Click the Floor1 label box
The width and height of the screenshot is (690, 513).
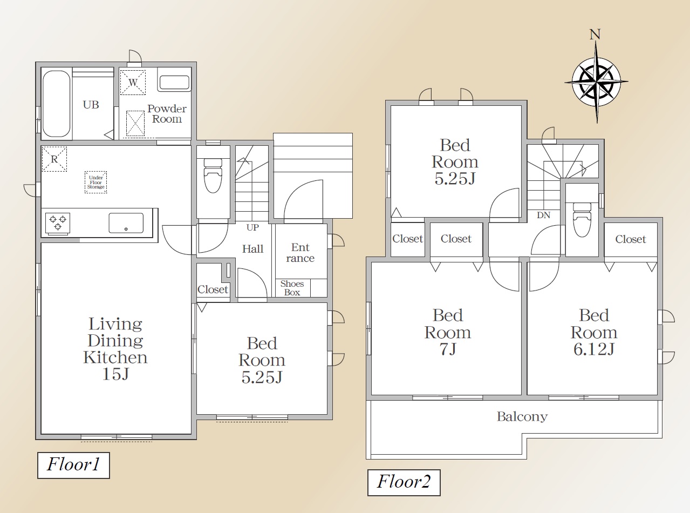[73, 465]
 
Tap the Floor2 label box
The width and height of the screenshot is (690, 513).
[404, 482]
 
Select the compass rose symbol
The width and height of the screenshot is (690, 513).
[596, 82]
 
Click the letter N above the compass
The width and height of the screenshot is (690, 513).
[595, 34]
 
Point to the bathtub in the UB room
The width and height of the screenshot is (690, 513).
[56, 104]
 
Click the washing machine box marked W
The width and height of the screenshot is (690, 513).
[133, 82]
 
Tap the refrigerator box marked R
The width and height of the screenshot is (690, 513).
[54, 159]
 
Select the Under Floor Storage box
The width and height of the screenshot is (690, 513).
[96, 182]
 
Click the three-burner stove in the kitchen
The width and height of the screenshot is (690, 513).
[58, 223]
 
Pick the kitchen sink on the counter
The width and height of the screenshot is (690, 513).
[126, 223]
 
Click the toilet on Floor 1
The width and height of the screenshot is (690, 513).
[213, 175]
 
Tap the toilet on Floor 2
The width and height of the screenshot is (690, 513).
[582, 220]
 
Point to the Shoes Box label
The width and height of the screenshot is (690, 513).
[292, 288]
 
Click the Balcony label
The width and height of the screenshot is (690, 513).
[522, 416]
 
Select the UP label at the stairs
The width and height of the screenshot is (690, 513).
[252, 227]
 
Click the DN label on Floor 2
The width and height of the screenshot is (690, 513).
[543, 215]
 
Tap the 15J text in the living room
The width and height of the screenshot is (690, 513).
[115, 374]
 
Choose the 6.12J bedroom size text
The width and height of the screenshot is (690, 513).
[594, 349]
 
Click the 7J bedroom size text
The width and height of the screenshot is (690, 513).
[448, 349]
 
